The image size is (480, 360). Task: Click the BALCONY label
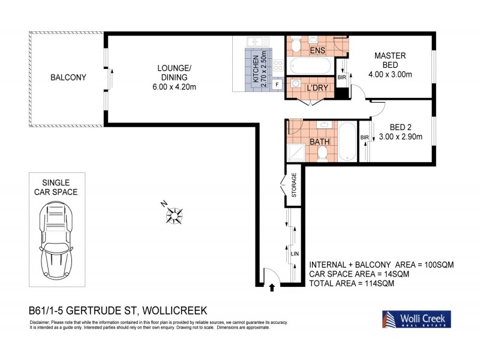(x=68, y=77)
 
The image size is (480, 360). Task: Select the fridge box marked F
(x=277, y=85)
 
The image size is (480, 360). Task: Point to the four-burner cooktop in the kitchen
(x=278, y=65)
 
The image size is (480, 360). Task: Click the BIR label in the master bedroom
(x=341, y=77)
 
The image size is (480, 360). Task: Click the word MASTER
(x=390, y=56)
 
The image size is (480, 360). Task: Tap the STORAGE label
(x=294, y=185)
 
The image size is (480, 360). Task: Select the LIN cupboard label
(x=294, y=254)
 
